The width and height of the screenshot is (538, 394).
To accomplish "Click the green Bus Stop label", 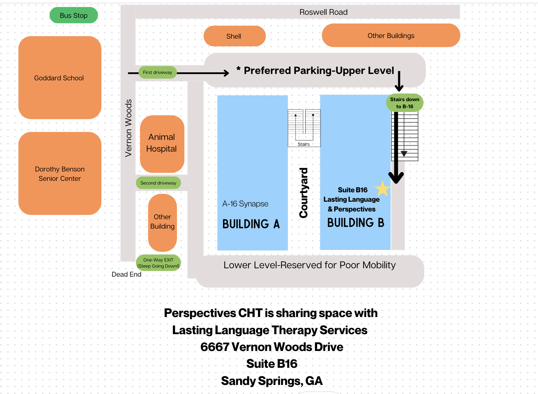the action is click(74, 15).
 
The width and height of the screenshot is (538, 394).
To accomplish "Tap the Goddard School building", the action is click(59, 78).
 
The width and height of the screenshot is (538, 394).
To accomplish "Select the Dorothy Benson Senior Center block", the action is click(59, 173).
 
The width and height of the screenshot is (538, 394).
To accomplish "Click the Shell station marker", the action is click(234, 36).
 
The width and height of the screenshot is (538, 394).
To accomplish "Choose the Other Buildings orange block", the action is click(391, 36).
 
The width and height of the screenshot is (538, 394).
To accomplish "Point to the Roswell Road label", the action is click(323, 12).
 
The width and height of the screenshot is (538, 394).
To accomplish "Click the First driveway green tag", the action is click(158, 72).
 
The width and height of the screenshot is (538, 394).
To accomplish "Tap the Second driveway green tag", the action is click(158, 183).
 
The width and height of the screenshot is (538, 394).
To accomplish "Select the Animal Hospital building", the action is click(162, 143).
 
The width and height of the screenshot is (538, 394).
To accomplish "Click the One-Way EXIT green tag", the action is click(158, 263).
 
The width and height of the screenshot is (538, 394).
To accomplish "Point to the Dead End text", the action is click(126, 274).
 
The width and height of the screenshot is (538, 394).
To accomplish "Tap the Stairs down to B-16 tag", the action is click(404, 103).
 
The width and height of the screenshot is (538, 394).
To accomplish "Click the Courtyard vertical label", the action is click(304, 193).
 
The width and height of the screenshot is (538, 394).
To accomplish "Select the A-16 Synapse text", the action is click(245, 204).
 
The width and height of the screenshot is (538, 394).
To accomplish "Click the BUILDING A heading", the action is click(251, 224).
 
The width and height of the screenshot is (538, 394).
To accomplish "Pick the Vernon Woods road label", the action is click(128, 128).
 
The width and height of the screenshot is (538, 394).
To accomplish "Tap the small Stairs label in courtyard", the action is click(304, 144).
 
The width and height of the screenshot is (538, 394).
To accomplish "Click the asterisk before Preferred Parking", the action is click(238, 69).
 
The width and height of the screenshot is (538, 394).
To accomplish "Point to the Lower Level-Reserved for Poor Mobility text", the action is click(309, 265).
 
